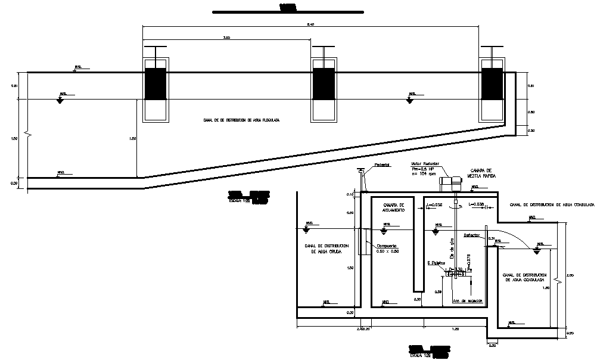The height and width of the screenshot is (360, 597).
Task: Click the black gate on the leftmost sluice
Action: pyautogui.click(x=156, y=83)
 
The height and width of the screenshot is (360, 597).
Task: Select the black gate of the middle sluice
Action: pyautogui.click(x=324, y=83)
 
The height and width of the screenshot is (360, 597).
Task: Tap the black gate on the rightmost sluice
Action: pyautogui.click(x=492, y=83)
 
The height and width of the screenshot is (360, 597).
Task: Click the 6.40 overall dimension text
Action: pyautogui.click(x=310, y=24)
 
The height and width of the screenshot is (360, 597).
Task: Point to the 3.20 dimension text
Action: pyautogui.click(x=226, y=38)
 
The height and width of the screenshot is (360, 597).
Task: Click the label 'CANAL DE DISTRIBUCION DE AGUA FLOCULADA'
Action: pyautogui.click(x=241, y=120)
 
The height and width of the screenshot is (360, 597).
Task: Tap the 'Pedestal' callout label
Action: pyautogui.click(x=381, y=165)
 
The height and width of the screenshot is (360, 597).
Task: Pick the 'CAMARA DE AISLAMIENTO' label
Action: pyautogui.click(x=393, y=207)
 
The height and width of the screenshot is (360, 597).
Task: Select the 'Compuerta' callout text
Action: pyautogui.click(x=387, y=245)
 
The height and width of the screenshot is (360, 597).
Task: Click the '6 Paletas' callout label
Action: pyautogui.click(x=437, y=262)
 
